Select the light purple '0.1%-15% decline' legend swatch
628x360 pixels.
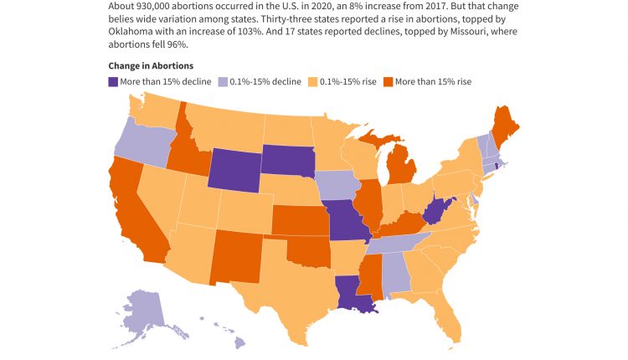(x=223, y=83)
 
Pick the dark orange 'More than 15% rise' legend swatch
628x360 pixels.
(x=388, y=83)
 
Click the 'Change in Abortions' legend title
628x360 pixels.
(x=151, y=65)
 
